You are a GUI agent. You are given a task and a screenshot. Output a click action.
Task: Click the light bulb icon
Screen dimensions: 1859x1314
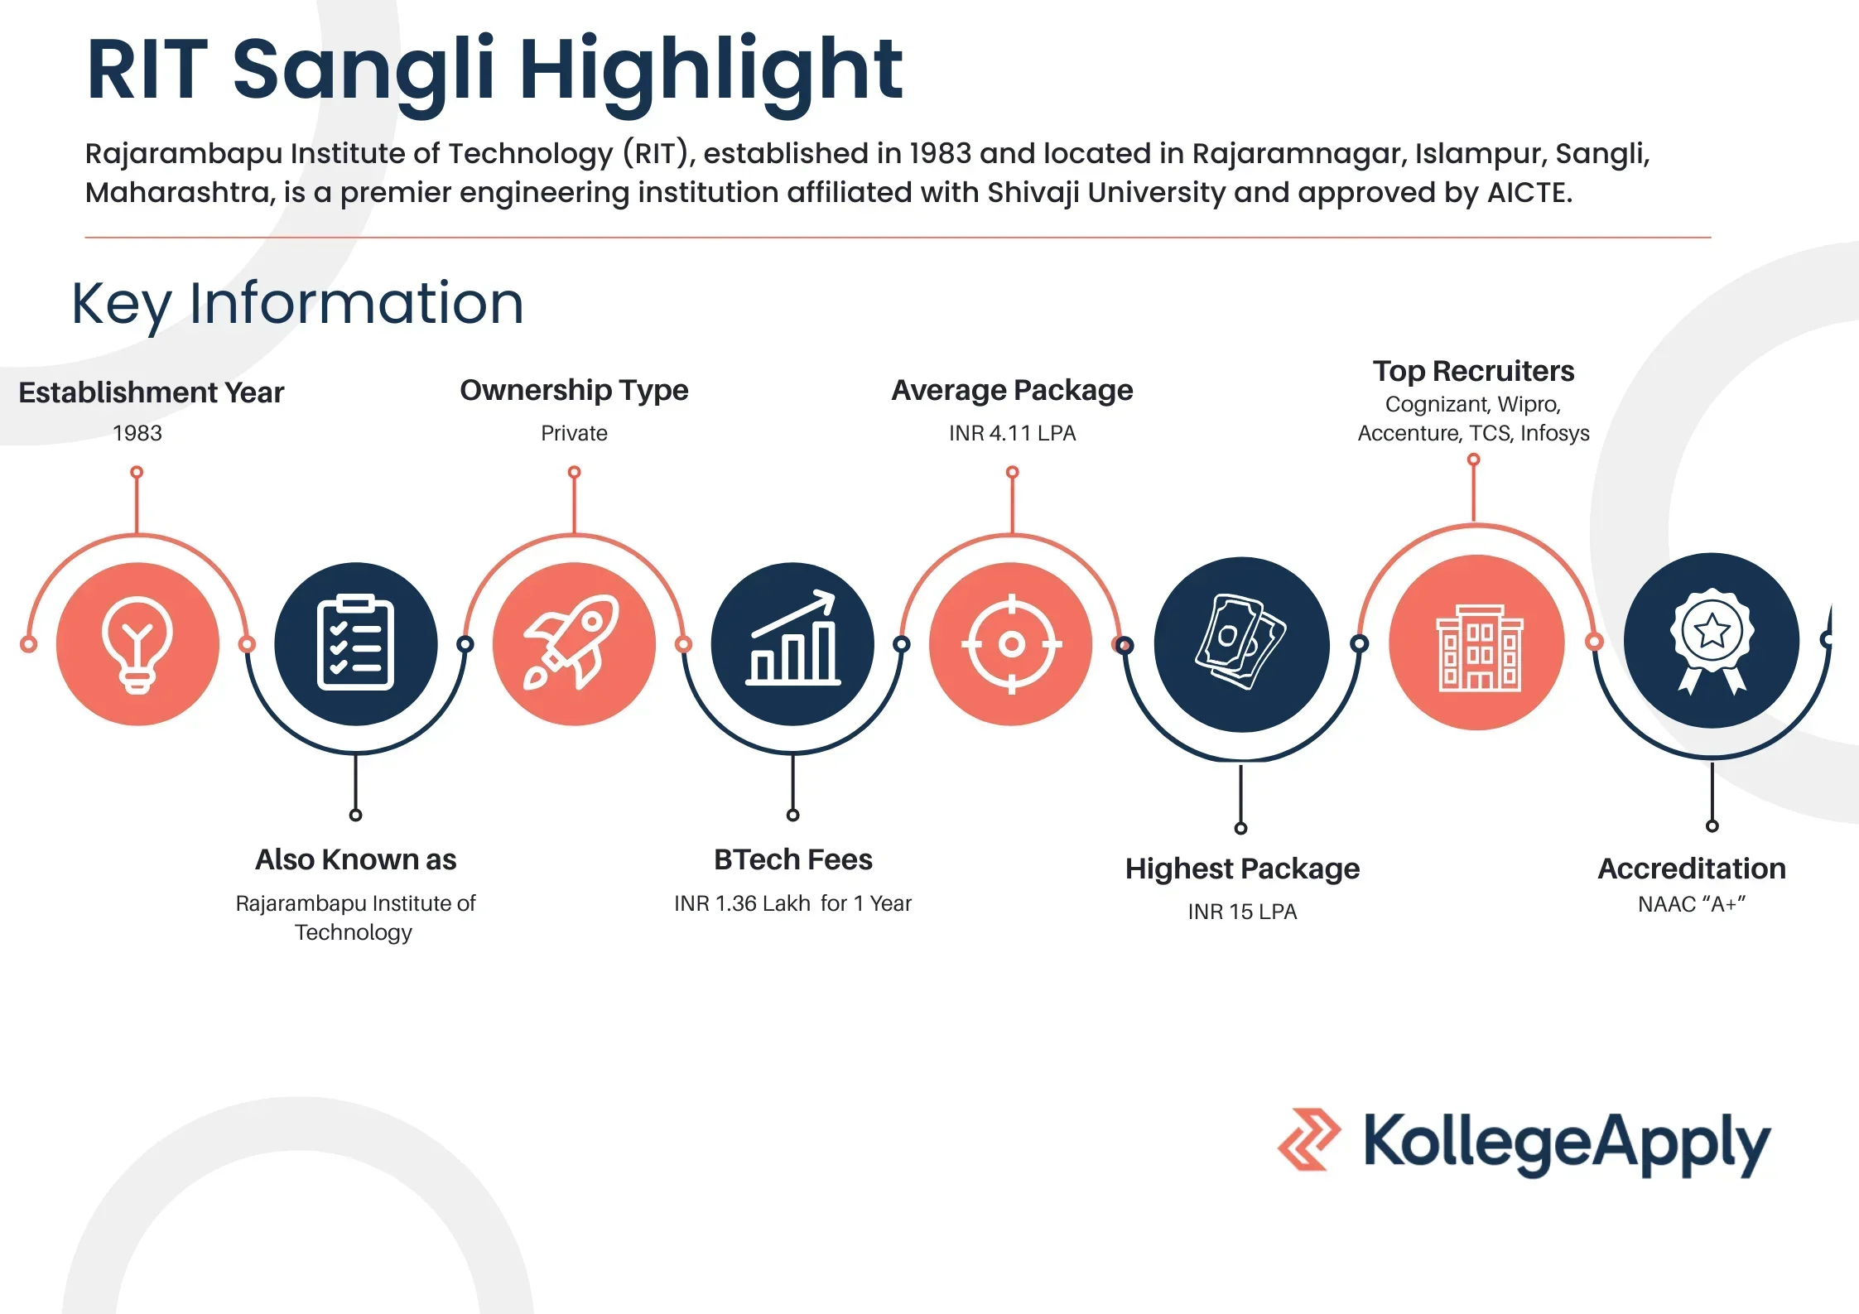pyautogui.click(x=137, y=644)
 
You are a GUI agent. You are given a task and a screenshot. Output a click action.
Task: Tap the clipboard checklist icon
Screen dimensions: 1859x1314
pyautogui.click(x=355, y=643)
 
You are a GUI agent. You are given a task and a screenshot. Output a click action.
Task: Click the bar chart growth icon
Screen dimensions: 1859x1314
pyautogui.click(x=793, y=638)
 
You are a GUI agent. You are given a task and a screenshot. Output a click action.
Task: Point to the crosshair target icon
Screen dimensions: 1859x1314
pyautogui.click(x=1011, y=643)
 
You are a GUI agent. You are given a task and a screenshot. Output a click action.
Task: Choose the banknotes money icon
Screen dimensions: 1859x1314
pyautogui.click(x=1240, y=642)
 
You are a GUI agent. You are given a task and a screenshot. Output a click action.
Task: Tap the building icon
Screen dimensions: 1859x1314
pyautogui.click(x=1479, y=647)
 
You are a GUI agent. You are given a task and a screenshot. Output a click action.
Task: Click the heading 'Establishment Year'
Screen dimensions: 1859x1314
pyautogui.click(x=152, y=392)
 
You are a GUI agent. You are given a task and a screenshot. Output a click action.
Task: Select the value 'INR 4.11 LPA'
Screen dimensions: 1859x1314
pyautogui.click(x=1012, y=433)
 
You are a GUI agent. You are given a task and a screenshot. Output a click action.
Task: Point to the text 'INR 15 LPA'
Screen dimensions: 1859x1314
pyautogui.click(x=1242, y=912)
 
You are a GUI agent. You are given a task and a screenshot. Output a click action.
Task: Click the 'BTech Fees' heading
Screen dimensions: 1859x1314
pyautogui.click(x=792, y=859)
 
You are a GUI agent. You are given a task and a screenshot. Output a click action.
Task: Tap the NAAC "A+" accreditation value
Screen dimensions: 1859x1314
pyautogui.click(x=1692, y=904)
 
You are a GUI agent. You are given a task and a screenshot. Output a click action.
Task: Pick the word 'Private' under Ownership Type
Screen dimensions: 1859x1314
pyautogui.click(x=574, y=433)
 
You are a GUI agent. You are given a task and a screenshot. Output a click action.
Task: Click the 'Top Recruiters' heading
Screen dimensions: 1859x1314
pyautogui.click(x=1473, y=371)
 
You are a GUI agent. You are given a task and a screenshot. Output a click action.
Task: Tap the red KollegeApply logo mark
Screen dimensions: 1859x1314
pyautogui.click(x=1309, y=1139)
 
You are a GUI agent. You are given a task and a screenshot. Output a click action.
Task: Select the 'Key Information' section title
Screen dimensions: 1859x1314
pyautogui.click(x=297, y=304)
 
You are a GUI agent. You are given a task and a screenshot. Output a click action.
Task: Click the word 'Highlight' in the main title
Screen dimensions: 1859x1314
pyautogui.click(x=710, y=72)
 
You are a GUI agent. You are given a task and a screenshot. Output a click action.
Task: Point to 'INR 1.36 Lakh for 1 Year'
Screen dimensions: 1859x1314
pyautogui.click(x=792, y=903)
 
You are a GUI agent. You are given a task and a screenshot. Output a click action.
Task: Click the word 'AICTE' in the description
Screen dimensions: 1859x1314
pyautogui.click(x=1529, y=193)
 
